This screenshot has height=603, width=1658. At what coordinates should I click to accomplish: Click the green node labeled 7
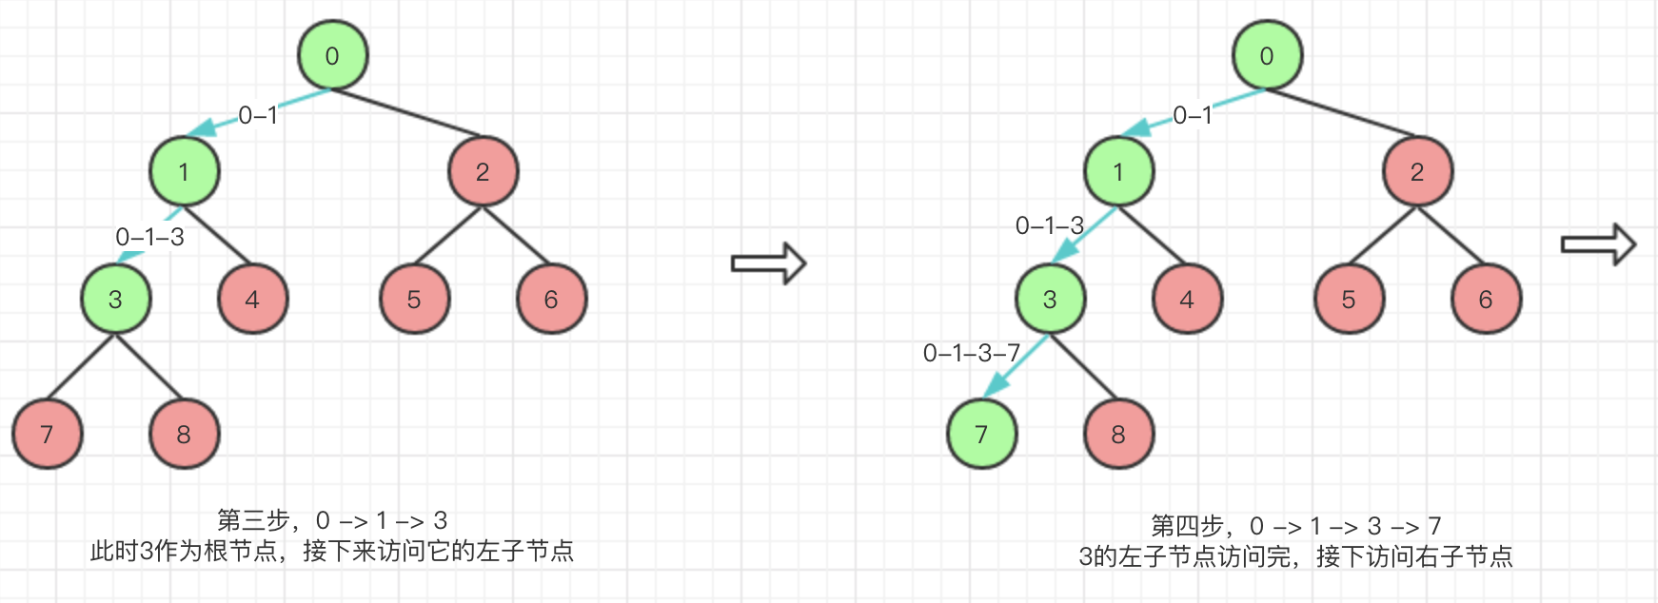(981, 435)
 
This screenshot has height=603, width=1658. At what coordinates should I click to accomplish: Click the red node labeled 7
(47, 435)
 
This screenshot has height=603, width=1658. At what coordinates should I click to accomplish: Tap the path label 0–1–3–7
(971, 354)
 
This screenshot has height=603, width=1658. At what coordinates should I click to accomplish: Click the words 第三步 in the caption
(253, 520)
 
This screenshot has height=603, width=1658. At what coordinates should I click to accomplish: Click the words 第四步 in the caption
(1187, 526)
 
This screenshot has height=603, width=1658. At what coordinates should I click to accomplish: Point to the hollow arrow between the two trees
(768, 263)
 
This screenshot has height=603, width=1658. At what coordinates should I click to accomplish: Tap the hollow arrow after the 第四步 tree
(1598, 244)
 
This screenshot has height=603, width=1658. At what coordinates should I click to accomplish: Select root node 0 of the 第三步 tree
(332, 56)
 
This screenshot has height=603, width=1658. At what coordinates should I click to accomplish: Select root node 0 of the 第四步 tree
(1267, 56)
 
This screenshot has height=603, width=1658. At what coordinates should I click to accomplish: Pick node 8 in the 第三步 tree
(184, 435)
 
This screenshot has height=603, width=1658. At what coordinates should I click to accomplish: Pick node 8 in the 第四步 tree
(1118, 435)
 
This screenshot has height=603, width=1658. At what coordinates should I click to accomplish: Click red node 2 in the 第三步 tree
(483, 172)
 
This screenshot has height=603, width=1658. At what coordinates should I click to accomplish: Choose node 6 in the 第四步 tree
(1486, 300)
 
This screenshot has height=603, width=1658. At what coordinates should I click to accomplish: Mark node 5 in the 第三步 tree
(414, 300)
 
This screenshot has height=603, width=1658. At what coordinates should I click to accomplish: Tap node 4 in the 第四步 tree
(1187, 300)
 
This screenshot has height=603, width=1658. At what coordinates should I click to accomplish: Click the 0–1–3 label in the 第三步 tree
(149, 237)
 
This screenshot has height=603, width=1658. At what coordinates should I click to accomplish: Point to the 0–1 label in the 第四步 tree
(1193, 116)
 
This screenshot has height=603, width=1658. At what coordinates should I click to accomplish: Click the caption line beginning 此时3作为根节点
(332, 552)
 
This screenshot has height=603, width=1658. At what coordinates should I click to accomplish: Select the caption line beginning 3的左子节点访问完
(1295, 556)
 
